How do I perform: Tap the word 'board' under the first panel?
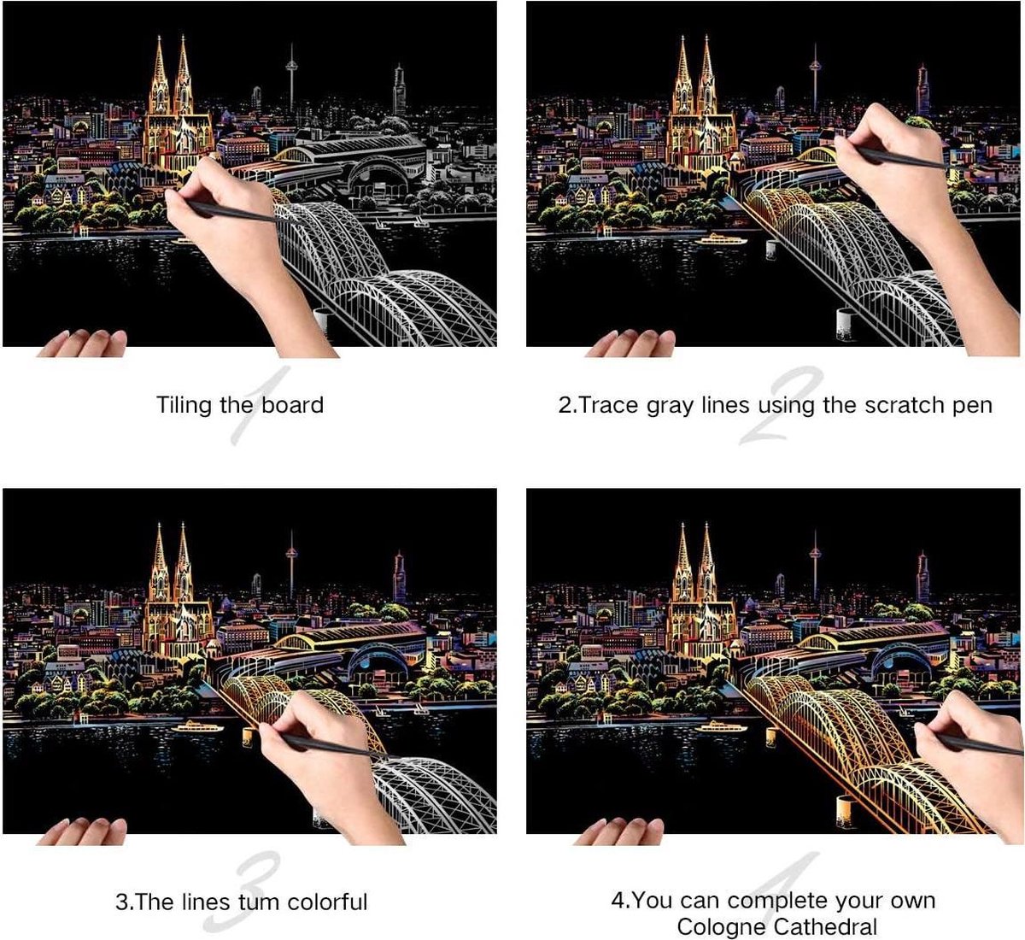(293, 404)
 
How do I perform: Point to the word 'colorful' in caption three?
(327, 902)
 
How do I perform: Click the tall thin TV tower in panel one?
(291, 79)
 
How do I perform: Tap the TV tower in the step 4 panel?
(815, 567)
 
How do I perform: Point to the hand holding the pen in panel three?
(327, 762)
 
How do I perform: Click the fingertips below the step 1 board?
(83, 344)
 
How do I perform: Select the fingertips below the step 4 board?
(619, 831)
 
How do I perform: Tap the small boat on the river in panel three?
(197, 726)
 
